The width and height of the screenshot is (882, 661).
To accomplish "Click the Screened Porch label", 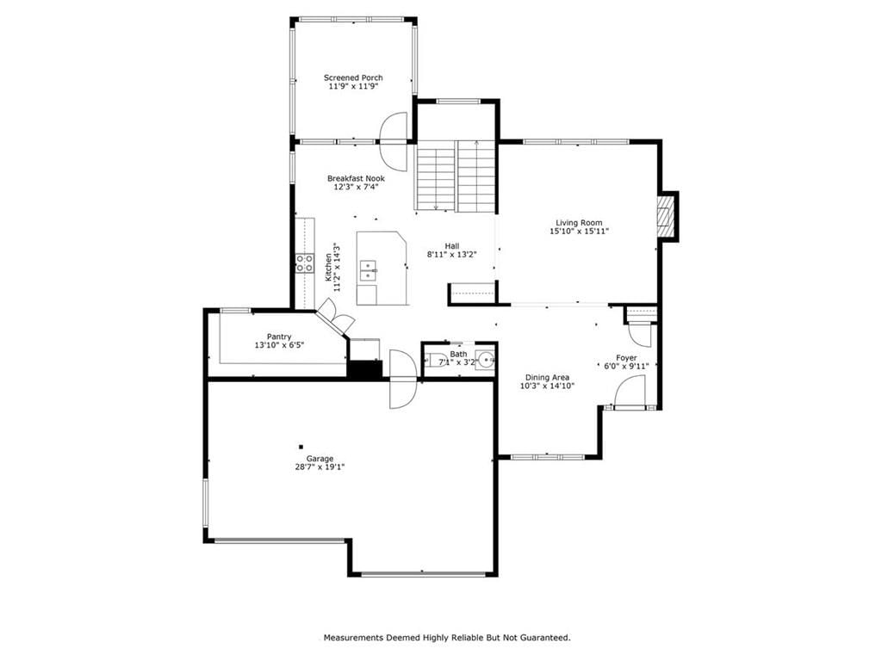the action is (353, 77).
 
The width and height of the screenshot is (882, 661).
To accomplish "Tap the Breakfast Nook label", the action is (356, 178).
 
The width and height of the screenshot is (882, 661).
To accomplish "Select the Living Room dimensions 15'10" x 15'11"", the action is (579, 231).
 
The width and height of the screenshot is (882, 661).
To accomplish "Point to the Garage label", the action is (320, 459).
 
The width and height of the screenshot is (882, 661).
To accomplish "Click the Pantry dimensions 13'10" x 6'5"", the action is (279, 345).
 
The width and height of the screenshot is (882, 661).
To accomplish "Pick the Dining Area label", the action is (547, 378).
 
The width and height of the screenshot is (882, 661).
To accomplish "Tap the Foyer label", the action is (626, 358).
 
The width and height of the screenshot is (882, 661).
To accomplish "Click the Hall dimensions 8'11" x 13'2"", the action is (451, 254).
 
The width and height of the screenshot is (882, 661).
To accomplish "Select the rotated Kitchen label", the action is (328, 268).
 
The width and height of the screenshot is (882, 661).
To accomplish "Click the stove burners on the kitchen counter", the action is (305, 263).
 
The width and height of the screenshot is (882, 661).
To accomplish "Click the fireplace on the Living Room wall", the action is (668, 216).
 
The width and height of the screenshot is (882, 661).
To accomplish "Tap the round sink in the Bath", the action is (488, 358).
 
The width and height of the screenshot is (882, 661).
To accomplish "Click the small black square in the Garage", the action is (301, 447).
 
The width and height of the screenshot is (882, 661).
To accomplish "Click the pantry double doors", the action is (336, 315).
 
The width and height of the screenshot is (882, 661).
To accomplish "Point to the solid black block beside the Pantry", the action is (364, 368).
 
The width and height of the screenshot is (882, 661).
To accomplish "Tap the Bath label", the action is (458, 354).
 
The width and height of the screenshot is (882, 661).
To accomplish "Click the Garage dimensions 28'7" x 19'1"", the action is (320, 466).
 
